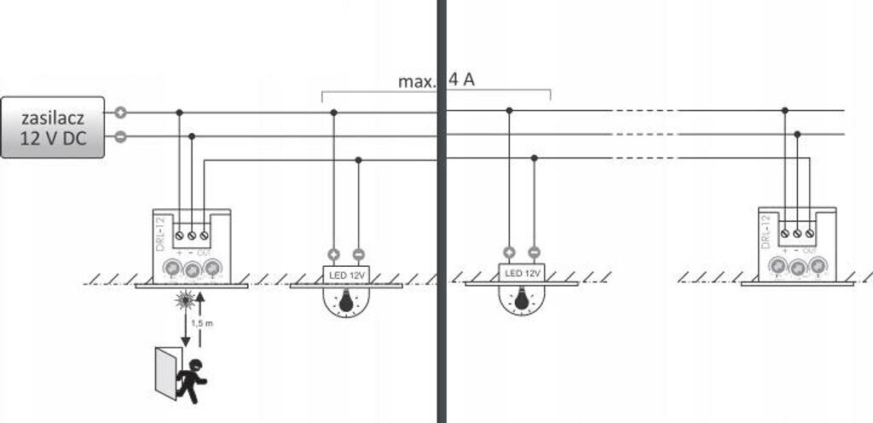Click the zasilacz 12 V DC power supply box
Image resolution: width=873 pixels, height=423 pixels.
pos(52,126)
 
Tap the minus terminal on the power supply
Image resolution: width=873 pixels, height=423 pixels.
pos(121,136)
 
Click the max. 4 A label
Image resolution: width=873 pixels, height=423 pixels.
pos(436,82)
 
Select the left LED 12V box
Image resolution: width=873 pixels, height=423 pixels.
pos(345,274)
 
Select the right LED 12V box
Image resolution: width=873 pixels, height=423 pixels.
pos(522,274)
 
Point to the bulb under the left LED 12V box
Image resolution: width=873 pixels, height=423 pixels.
pos(345,300)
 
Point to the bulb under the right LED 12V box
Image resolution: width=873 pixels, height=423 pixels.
pos(522,300)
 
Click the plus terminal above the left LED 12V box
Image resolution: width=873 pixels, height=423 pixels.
pos(333,252)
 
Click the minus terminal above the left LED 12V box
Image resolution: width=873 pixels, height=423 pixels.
pos(358,252)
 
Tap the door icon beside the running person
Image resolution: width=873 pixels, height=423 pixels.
pos(166,373)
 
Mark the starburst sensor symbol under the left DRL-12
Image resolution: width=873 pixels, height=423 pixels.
pos(184,299)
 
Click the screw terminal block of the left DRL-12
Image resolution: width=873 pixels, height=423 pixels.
pos(192,233)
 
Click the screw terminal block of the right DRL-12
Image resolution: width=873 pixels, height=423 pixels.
pos(797,232)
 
